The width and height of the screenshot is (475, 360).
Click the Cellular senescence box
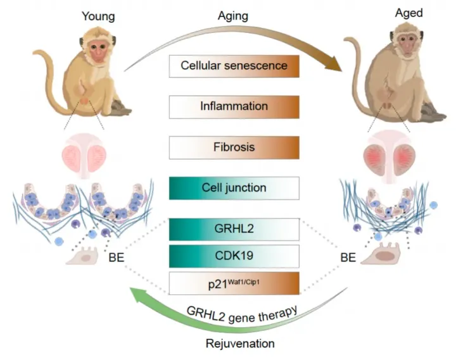click(x=234, y=66)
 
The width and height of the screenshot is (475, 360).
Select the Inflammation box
click(x=234, y=106)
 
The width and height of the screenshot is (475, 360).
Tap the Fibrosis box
click(x=234, y=147)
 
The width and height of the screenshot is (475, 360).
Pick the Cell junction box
click(x=234, y=188)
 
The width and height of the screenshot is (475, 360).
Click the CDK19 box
click(x=234, y=256)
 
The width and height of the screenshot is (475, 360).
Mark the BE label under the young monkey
click(x=117, y=259)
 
